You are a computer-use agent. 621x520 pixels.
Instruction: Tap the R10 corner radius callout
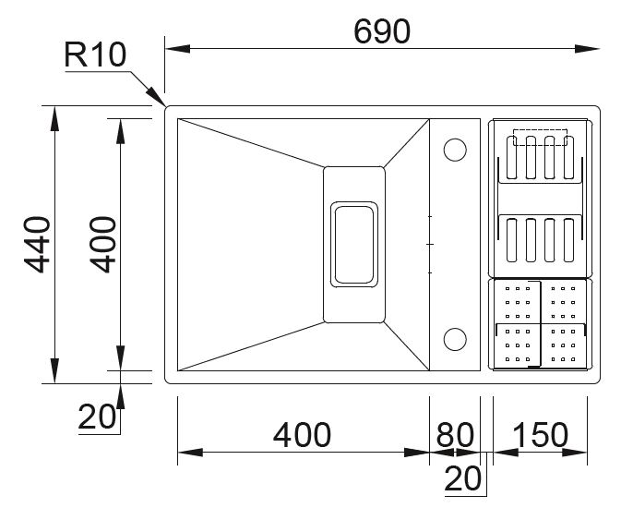(94, 54)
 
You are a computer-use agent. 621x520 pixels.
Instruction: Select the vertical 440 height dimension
(38, 245)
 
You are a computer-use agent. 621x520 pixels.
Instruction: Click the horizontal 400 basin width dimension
(302, 434)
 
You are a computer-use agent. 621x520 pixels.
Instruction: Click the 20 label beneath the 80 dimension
(464, 478)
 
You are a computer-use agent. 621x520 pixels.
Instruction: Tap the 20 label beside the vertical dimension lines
(99, 417)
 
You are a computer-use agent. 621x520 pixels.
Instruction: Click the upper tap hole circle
(454, 149)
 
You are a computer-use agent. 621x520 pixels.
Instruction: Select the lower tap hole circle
(454, 339)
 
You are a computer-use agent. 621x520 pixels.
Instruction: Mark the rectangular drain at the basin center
(353, 244)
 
